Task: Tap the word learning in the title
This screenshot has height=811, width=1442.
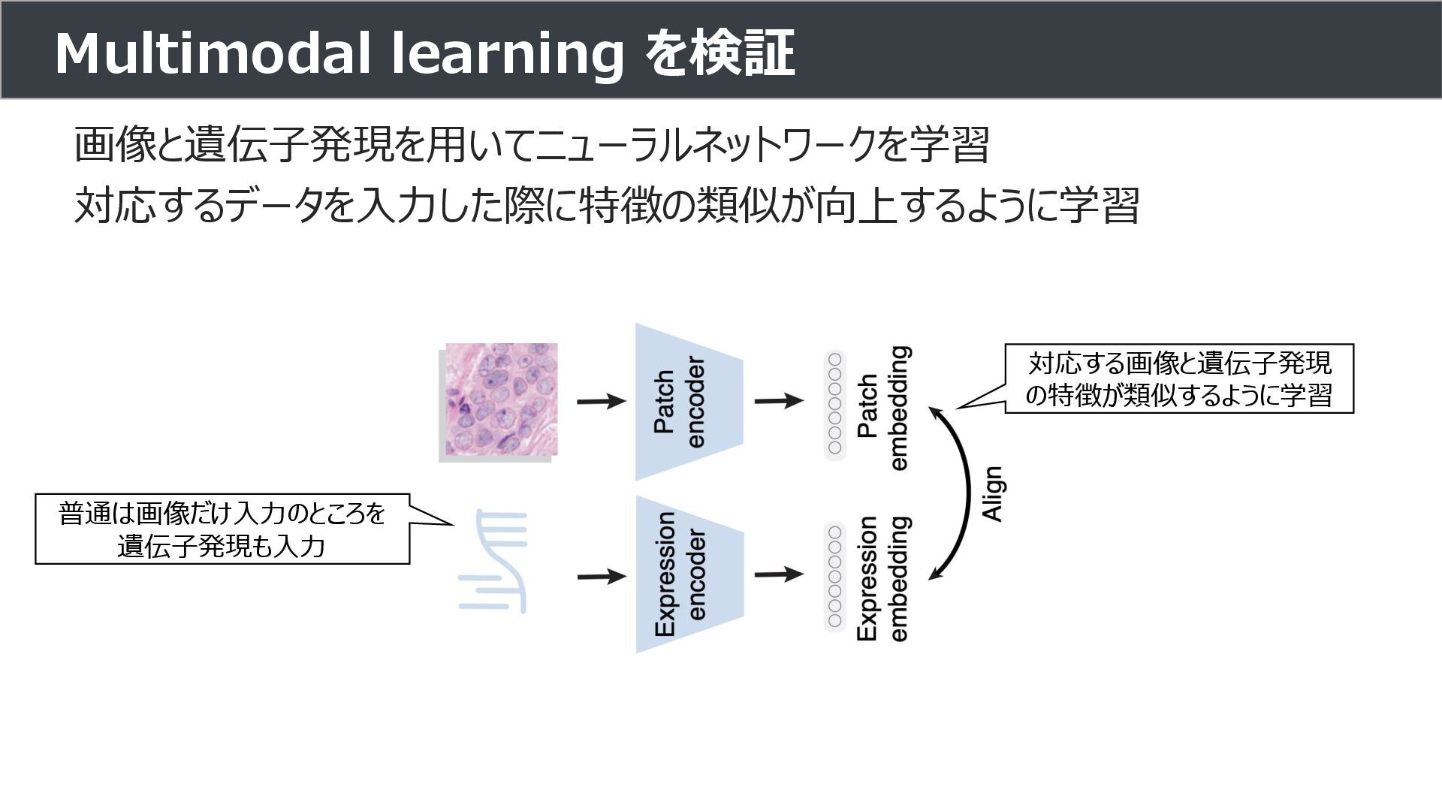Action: coord(508,55)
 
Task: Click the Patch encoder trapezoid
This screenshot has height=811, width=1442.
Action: coord(687,402)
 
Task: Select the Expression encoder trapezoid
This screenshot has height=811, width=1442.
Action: coord(687,574)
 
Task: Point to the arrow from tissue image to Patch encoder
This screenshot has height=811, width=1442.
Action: coord(601,401)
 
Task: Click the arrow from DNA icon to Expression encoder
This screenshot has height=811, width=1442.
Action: coord(601,577)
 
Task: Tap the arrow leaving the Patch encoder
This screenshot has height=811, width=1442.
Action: coord(778,400)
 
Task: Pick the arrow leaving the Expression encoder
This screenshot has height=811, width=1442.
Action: coord(778,575)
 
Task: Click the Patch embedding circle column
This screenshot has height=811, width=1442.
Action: coord(834,405)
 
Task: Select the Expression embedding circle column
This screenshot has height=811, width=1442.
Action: coord(834,577)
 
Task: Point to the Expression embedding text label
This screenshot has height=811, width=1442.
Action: coord(882,578)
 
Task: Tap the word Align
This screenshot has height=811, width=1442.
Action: coord(993,493)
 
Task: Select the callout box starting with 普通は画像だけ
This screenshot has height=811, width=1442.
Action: coord(222,529)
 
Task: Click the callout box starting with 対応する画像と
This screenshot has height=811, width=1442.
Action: coord(1179,378)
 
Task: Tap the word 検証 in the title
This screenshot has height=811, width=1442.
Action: coord(743,53)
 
